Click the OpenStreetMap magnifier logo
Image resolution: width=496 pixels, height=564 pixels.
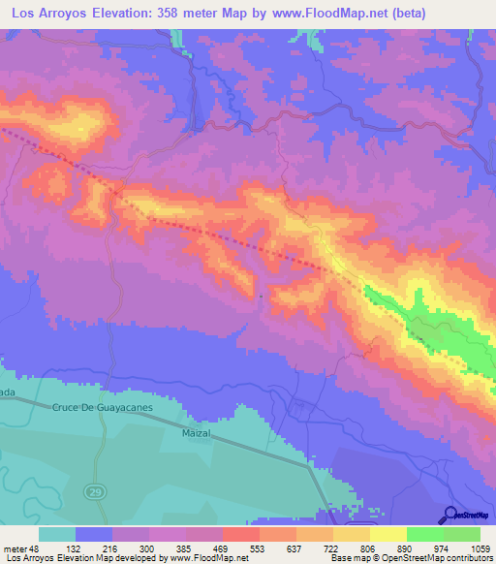click(x=451, y=514)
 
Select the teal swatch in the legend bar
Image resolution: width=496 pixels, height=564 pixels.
click(x=57, y=534)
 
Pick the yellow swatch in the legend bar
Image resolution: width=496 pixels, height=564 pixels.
click(x=387, y=534)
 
